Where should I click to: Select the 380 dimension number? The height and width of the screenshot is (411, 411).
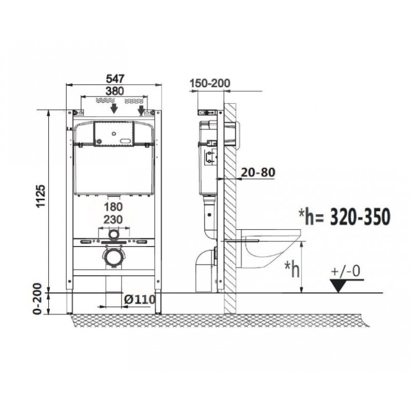click(x=115, y=91)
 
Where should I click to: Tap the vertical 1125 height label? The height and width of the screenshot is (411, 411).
click(x=41, y=196)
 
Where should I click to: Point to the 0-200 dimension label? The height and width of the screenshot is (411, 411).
click(x=38, y=298)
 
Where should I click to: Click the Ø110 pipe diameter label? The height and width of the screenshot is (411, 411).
click(x=139, y=299)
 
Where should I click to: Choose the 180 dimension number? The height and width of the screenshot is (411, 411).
click(x=113, y=207)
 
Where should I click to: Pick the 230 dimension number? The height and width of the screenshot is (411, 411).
click(x=113, y=219)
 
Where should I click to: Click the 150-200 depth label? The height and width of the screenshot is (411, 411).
click(x=210, y=83)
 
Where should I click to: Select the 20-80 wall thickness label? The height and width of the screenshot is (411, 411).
click(x=258, y=172)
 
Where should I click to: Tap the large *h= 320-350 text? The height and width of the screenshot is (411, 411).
click(x=344, y=216)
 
